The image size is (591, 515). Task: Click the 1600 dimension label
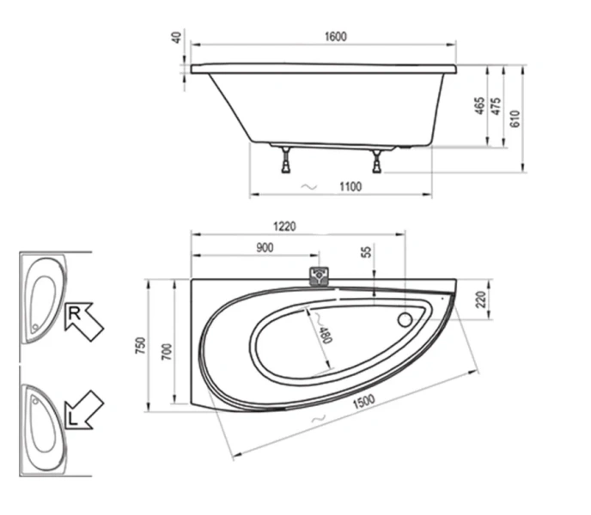coord(336,36)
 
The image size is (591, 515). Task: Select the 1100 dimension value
coord(350,187)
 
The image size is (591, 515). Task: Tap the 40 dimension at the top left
coord(176,39)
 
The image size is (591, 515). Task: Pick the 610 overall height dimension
coord(515,118)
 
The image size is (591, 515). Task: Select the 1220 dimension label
coord(284,227)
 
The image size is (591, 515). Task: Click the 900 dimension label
coord(264,248)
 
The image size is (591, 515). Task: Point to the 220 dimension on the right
coord(481,299)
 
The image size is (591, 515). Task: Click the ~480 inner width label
coord(322,330)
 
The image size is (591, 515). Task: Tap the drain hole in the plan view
coord(405,321)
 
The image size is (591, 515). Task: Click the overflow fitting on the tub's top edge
coord(320,276)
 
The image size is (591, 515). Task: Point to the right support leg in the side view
coord(376,160)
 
